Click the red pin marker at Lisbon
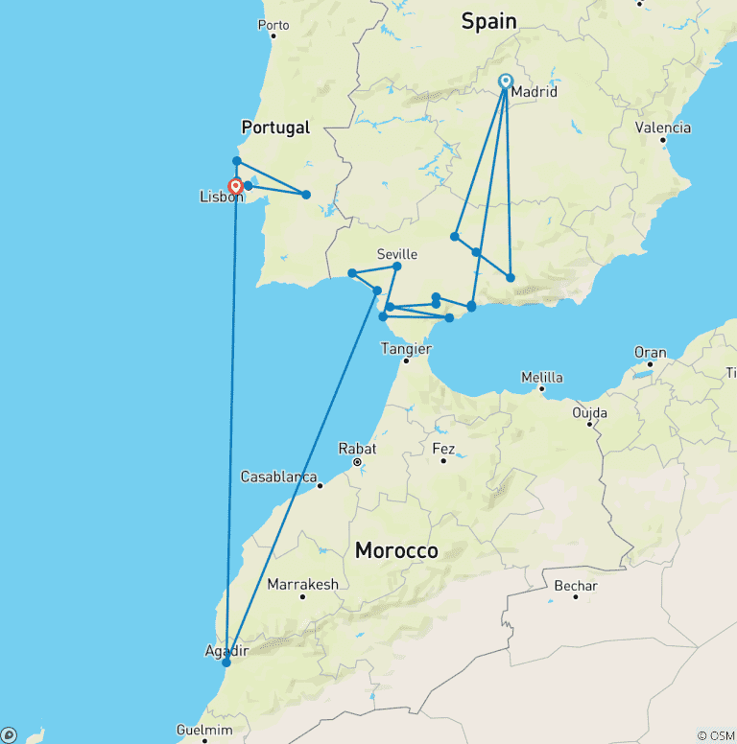[x=235, y=186]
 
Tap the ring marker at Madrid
[x=506, y=81]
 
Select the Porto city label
[x=273, y=24]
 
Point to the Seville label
[x=396, y=254]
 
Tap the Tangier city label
[x=406, y=348]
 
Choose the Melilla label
[x=542, y=377]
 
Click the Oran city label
[x=650, y=353]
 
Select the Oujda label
[x=589, y=412]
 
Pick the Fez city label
[x=443, y=448]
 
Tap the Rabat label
[x=357, y=448]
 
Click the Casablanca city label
[x=278, y=476]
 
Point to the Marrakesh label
[x=302, y=584]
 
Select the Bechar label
[x=576, y=586]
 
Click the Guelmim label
[x=204, y=730]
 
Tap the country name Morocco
[x=396, y=550]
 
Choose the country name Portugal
[x=275, y=127]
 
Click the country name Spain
[x=488, y=21]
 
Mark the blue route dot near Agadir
[x=226, y=663]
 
